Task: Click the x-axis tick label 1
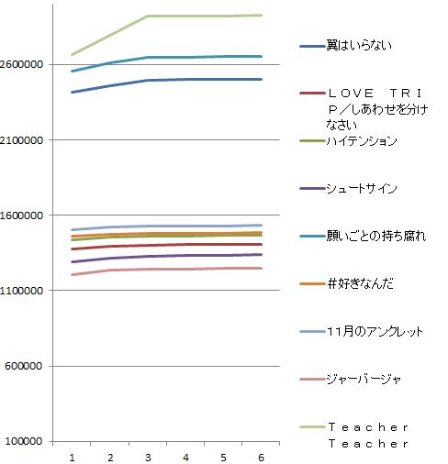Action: tap(72, 456)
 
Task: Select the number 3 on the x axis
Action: tap(148, 456)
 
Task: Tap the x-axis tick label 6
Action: tap(262, 456)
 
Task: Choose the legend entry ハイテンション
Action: tap(362, 140)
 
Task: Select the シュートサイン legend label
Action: tap(362, 188)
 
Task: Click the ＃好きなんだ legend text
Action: tap(360, 283)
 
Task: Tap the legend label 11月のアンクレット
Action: tap(375, 331)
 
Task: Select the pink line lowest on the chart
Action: tap(184, 269)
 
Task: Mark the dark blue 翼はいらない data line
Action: tap(184, 80)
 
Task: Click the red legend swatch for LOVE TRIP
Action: tap(311, 93)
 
